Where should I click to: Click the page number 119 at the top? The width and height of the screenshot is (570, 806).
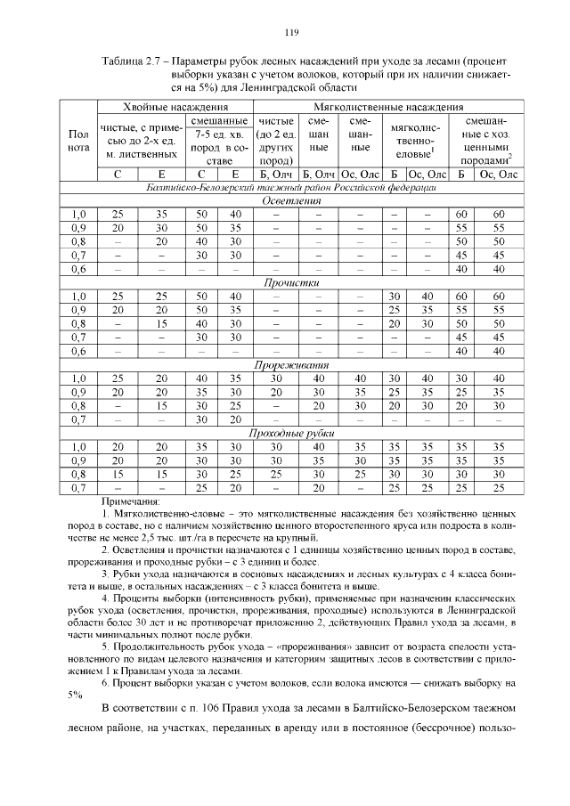(290, 34)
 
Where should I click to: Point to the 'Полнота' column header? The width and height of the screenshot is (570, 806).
(77, 141)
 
